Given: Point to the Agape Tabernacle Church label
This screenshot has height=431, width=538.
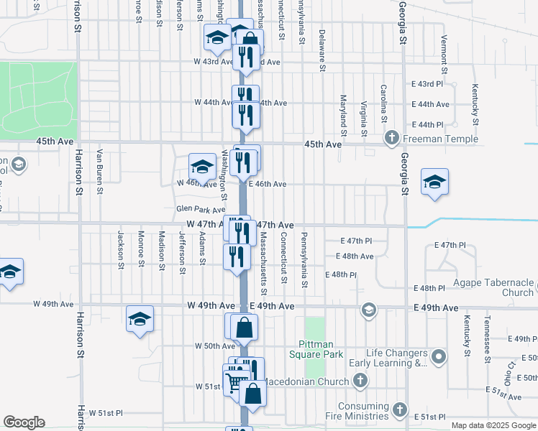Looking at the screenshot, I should [493, 287].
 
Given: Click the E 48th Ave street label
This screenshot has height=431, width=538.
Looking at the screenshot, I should [355, 256].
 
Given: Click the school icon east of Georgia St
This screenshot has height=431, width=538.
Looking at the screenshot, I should [434, 182].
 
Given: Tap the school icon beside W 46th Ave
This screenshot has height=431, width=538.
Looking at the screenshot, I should [202, 167].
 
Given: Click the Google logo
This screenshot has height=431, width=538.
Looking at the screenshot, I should [23, 422].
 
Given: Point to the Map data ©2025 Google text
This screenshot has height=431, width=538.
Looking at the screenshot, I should [492, 425].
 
